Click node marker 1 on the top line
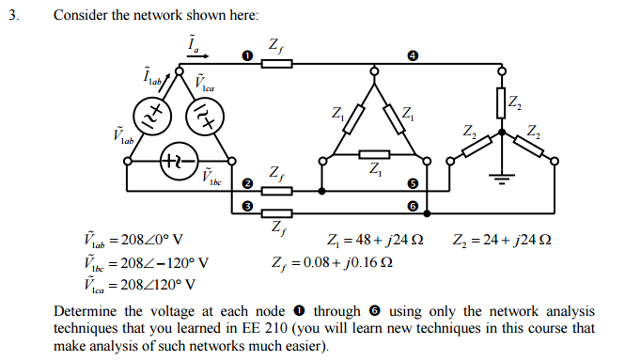click(247, 56)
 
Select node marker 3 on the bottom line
click(247, 205)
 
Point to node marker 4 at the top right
click(412, 56)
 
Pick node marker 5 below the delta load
click(412, 183)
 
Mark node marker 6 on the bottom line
click(412, 205)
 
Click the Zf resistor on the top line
click(276, 64)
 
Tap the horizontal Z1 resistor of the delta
click(375, 155)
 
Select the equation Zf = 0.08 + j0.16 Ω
click(332, 261)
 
